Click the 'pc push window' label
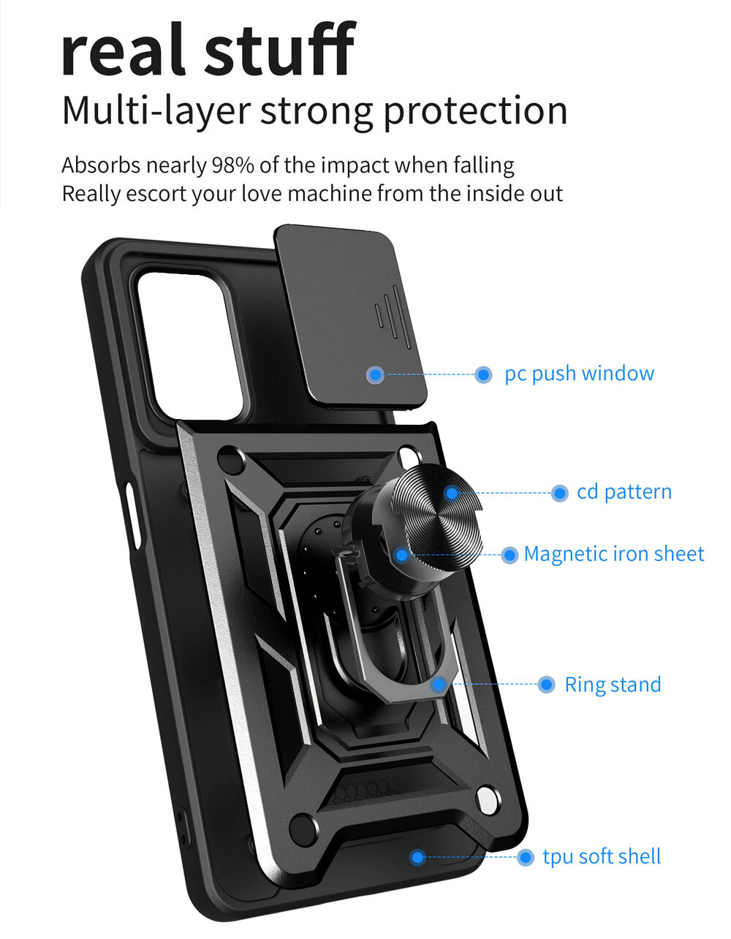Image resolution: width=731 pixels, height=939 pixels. pyautogui.click(x=579, y=374)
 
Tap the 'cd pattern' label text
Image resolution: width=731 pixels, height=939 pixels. pyautogui.click(x=624, y=492)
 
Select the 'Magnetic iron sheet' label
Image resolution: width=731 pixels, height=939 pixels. pyautogui.click(x=614, y=554)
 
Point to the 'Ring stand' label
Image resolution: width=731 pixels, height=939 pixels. pyautogui.click(x=613, y=685)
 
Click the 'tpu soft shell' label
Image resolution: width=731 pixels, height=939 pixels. pyautogui.click(x=602, y=856)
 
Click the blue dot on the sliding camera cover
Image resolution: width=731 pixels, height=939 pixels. pyautogui.click(x=376, y=374)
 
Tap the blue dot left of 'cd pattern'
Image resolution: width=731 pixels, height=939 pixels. pyautogui.click(x=560, y=493)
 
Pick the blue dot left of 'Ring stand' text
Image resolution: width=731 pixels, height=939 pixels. pyautogui.click(x=546, y=685)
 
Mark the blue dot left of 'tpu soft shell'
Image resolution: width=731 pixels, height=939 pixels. pyautogui.click(x=526, y=857)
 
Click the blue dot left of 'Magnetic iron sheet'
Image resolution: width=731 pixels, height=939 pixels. pyautogui.click(x=510, y=555)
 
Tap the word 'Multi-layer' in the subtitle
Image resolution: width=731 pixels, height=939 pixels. pyautogui.click(x=156, y=111)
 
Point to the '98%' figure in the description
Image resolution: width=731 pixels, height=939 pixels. pyautogui.click(x=233, y=165)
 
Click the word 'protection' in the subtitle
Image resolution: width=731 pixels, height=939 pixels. pyautogui.click(x=475, y=111)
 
